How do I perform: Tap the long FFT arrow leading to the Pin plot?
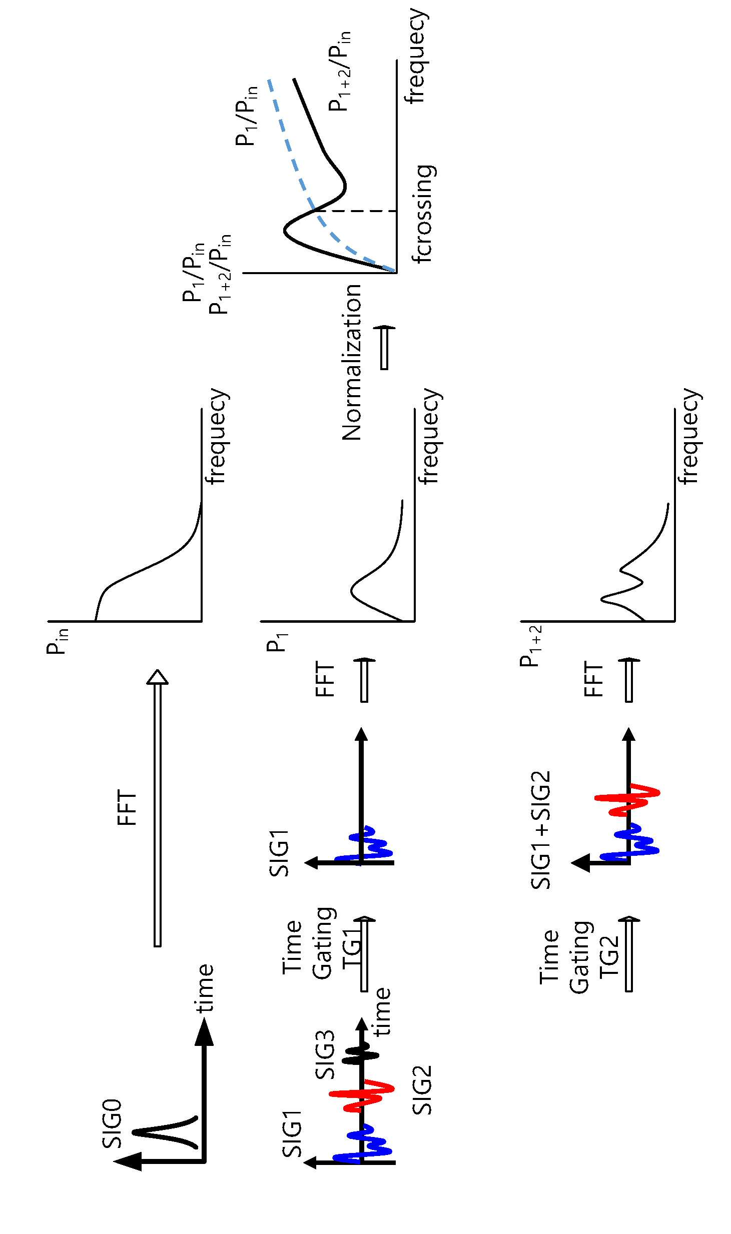[158, 808]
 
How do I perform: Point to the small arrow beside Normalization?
[384, 348]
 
